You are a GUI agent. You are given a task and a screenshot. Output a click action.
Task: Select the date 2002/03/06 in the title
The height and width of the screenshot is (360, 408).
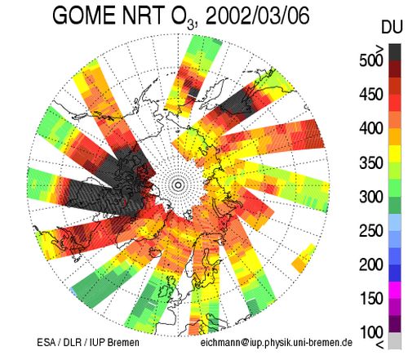[257, 16]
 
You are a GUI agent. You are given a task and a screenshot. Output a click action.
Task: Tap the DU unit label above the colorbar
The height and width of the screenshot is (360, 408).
[392, 27]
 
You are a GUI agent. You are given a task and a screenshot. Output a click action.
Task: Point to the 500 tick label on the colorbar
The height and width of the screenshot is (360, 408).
[371, 60]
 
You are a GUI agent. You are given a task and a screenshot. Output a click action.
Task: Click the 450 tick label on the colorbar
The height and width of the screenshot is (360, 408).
[371, 95]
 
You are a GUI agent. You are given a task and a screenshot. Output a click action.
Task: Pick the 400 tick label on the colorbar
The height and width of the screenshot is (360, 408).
[371, 128]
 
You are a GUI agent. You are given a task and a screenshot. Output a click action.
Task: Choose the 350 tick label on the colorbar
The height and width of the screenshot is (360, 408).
[371, 162]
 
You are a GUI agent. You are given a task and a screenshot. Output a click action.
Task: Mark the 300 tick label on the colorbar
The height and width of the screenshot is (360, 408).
[371, 197]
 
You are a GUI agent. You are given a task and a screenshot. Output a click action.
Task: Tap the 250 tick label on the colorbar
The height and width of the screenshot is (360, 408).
[371, 230]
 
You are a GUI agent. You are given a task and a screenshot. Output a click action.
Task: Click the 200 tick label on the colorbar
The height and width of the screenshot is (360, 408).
[371, 264]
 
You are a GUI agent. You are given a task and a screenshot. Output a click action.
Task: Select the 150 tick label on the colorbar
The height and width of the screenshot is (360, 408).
[371, 298]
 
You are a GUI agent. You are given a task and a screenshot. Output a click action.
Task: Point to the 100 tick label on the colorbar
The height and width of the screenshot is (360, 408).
[371, 332]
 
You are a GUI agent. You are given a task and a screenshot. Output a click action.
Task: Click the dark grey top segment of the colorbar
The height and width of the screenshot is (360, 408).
[395, 52]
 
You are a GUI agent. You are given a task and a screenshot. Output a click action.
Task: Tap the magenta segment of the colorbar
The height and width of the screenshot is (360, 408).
[395, 290]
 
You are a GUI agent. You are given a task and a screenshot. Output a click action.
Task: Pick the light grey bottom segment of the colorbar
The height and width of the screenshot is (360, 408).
[395, 340]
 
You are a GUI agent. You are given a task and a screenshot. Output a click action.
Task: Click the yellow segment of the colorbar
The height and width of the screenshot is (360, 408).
[395, 154]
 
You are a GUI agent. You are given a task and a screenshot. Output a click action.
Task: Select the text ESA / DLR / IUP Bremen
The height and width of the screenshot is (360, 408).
[88, 342]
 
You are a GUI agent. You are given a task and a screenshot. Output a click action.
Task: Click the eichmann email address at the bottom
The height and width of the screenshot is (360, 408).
[277, 342]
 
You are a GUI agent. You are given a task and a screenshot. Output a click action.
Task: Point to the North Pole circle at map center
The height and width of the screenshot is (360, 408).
[178, 185]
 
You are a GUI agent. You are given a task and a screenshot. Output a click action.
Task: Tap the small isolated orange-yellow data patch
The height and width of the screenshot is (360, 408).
[304, 258]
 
